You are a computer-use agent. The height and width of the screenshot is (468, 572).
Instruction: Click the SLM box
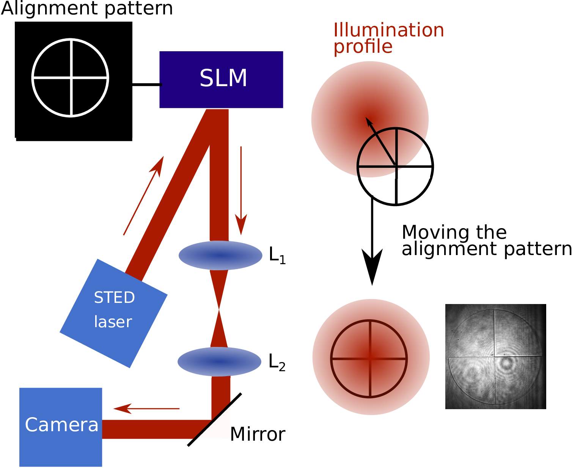point(221,80)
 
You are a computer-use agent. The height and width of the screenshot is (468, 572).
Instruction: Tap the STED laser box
point(113,313)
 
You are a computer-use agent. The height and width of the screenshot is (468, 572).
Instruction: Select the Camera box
point(60,427)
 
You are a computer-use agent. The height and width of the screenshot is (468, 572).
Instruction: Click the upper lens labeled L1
point(220,255)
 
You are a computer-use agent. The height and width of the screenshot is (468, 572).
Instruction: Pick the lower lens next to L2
point(219,362)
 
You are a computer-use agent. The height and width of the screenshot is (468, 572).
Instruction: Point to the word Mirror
point(258,434)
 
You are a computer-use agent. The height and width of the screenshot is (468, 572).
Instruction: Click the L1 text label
point(277,255)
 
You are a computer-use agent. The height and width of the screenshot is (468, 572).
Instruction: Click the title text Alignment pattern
point(87,9)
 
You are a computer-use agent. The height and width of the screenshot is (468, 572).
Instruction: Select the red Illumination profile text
point(388,38)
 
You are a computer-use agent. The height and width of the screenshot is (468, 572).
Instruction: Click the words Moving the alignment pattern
point(487,241)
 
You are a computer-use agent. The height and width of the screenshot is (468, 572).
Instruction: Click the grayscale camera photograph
point(495,356)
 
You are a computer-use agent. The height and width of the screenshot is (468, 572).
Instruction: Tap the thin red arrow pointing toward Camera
point(146,408)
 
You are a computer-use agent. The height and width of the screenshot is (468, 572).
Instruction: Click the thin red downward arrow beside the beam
point(241,191)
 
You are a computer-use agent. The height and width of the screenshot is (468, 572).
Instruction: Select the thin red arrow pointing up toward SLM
point(144,195)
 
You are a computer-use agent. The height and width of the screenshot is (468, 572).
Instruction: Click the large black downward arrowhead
point(372,266)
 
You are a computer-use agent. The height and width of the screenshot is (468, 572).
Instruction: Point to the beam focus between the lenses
point(219,309)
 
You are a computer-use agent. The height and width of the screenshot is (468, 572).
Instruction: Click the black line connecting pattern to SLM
point(147,85)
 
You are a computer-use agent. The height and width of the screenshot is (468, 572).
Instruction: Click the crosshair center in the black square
point(71,78)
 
